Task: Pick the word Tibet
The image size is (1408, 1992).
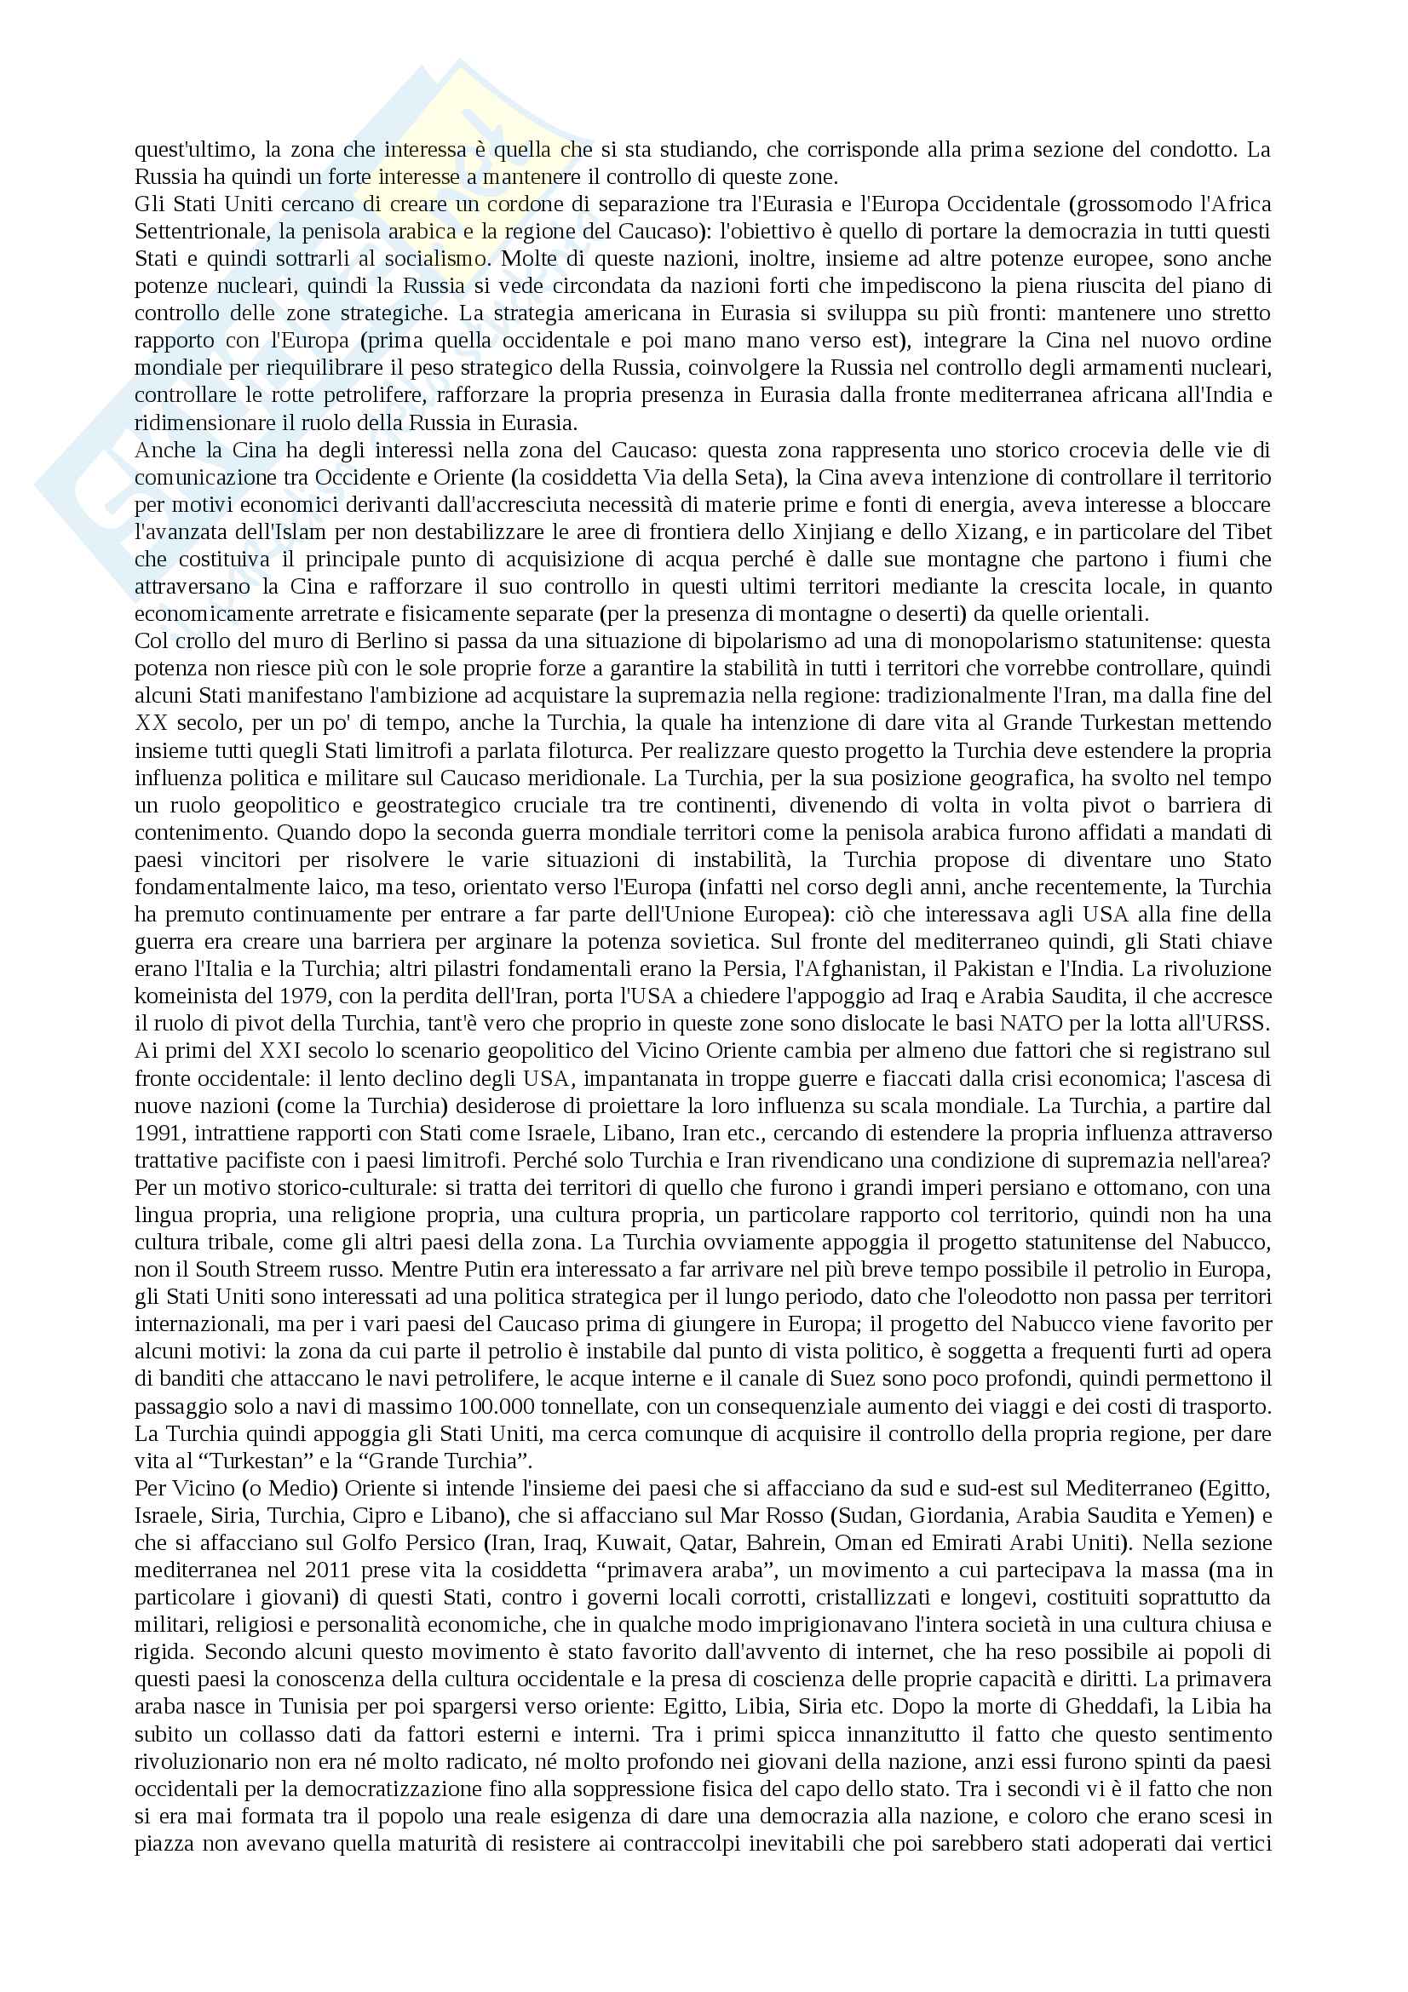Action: [x=1247, y=531]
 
